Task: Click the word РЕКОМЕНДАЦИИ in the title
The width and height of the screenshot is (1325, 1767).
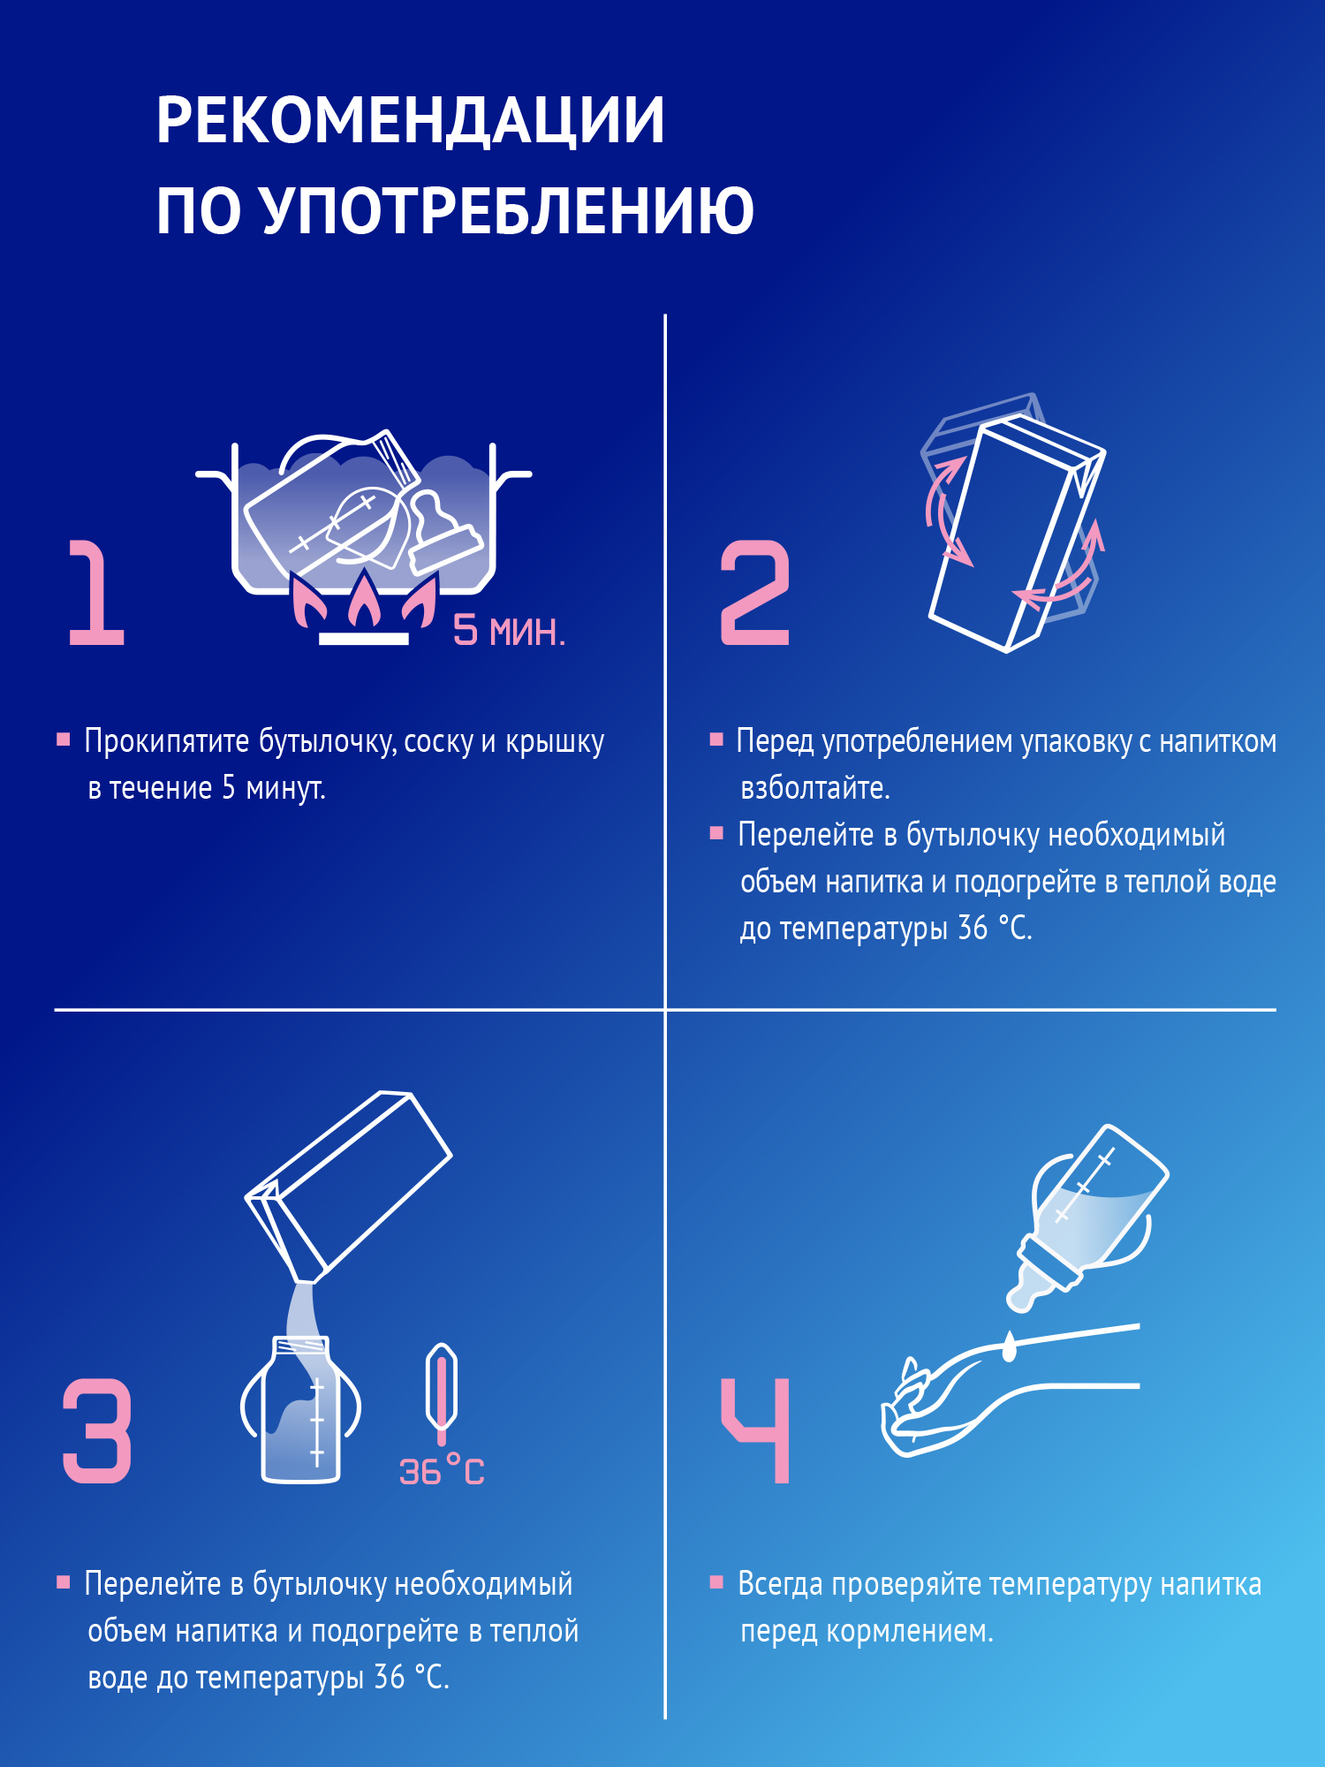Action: (410, 120)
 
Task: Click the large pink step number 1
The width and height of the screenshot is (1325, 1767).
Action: (96, 593)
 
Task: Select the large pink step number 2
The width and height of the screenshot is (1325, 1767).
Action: (755, 593)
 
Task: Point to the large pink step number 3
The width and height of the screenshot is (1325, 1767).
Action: (97, 1430)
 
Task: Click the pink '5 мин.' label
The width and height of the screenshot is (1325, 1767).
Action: (509, 631)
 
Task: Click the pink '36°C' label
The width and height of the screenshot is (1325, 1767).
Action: (442, 1471)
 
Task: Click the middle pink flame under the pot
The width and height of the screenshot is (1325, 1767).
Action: (364, 601)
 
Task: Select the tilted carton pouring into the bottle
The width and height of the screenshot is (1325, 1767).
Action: (349, 1184)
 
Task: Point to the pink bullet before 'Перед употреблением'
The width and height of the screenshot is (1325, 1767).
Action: (716, 739)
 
